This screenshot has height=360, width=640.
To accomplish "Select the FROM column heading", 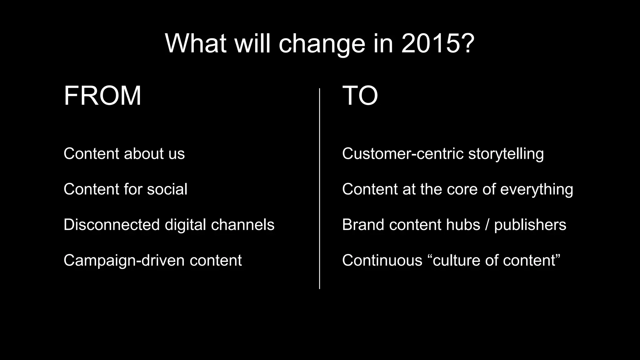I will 102,96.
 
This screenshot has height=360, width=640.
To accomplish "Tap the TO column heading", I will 360,96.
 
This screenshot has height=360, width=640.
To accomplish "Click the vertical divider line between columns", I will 319,187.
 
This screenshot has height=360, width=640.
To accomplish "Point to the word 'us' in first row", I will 177,154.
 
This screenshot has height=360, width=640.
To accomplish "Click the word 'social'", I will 167,189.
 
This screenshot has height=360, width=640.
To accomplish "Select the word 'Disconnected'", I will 112,225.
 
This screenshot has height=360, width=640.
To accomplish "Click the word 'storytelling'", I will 506,154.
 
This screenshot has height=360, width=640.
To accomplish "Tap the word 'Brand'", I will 363,225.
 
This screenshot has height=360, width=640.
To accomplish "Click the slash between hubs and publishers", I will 487,225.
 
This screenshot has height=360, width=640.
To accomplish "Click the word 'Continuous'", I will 382,261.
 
